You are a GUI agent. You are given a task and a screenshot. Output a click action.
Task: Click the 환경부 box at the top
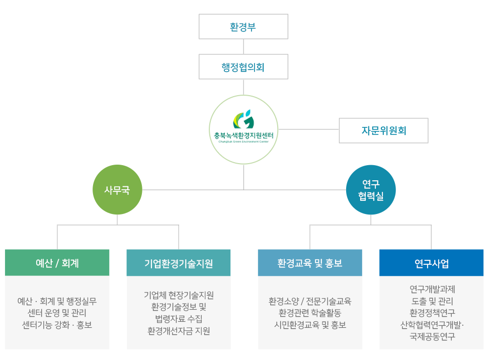coord(243,27)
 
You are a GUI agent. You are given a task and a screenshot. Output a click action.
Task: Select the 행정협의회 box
coord(243,67)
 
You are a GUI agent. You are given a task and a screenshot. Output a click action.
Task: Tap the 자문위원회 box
coord(383,131)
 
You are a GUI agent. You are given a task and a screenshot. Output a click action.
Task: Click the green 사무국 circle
coord(117,190)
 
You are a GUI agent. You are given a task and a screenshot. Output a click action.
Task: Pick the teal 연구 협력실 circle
coord(371,190)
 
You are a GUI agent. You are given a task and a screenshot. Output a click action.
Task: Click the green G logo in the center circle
coord(243,119)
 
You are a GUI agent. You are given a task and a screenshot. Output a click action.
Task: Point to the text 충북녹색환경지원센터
coord(243,135)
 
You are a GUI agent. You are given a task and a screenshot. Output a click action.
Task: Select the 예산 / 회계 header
coord(57,263)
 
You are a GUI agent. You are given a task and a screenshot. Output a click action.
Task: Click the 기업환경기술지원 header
coord(179,263)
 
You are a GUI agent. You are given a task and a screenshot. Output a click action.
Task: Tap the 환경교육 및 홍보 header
coord(310,263)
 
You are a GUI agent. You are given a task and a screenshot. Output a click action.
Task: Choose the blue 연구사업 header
coord(431,263)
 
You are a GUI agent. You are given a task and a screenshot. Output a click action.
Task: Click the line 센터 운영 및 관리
coord(57,313)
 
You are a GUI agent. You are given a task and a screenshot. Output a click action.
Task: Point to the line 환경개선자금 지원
coord(179,331)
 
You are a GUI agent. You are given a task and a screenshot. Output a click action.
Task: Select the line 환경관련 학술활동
coord(310,313)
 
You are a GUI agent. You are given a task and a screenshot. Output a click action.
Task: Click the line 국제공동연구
coord(431,336)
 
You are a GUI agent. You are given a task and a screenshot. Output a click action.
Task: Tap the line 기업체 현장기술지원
coord(179,295)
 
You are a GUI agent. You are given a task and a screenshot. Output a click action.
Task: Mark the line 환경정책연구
coord(431,313)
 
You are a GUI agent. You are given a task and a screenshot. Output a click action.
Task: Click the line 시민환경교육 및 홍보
coord(310,325)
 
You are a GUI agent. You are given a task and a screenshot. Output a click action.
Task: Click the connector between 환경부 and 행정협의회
coord(243,47)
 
